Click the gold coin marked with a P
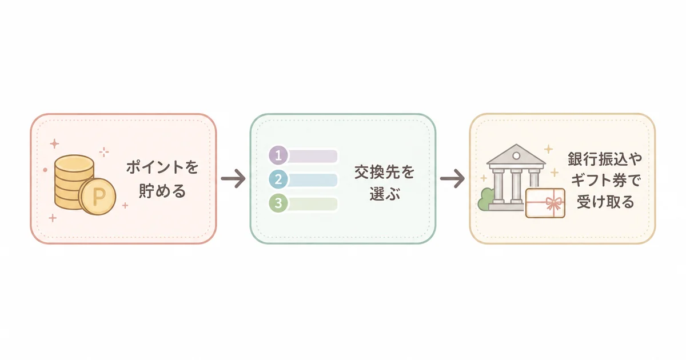click(97, 196)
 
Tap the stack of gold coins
click(74, 182)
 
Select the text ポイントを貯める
click(162, 179)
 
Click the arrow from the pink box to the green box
click(233, 178)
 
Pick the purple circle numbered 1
click(278, 155)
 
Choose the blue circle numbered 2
click(278, 179)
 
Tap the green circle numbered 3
click(278, 203)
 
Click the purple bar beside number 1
click(312, 156)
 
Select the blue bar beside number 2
click(312, 180)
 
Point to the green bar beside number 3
click(312, 204)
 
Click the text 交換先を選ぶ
click(385, 183)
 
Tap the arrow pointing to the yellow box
click(453, 178)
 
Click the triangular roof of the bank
click(516, 155)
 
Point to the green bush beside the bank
click(486, 199)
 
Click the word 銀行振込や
click(605, 159)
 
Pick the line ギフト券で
click(605, 180)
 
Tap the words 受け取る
click(605, 202)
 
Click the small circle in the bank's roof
click(516, 156)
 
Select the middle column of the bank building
click(516, 186)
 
